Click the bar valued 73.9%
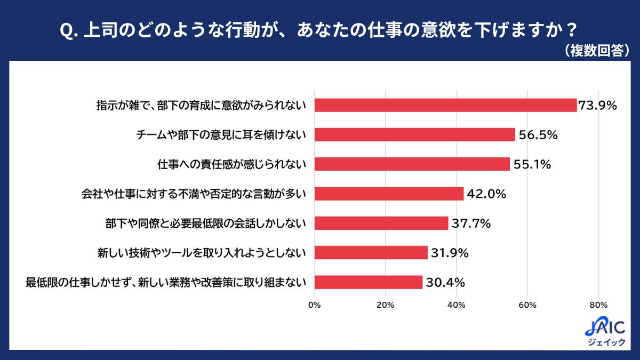(x=445, y=105)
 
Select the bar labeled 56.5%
(x=414, y=134)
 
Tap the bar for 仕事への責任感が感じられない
(x=412, y=164)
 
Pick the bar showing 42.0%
(x=389, y=194)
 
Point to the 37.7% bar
(x=381, y=223)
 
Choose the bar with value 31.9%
(x=371, y=252)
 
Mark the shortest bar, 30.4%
(x=368, y=282)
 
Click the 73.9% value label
(x=598, y=106)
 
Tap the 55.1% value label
(x=532, y=164)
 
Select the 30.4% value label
(x=444, y=282)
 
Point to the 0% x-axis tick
(x=314, y=305)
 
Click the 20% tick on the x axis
(x=385, y=305)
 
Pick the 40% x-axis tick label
(x=456, y=305)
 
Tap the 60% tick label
(x=527, y=305)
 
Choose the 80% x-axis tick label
(x=598, y=305)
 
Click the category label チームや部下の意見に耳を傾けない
(x=221, y=135)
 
